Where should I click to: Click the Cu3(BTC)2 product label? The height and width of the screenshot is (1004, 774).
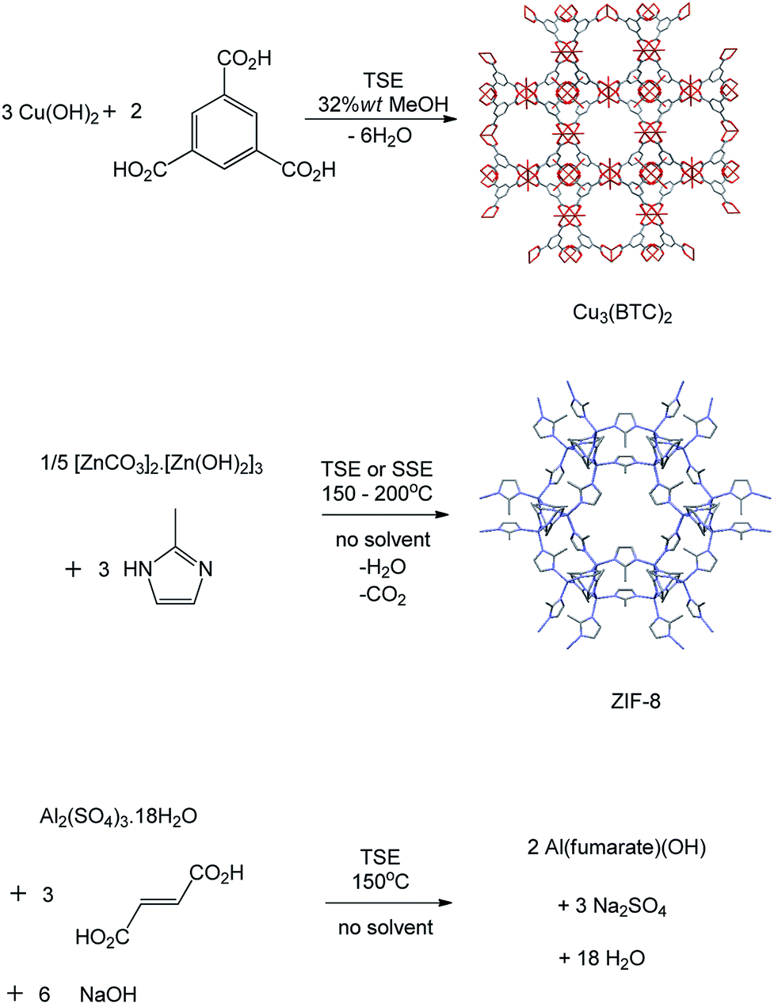pos(622,314)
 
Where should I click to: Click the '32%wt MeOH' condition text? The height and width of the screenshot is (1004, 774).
pos(383,104)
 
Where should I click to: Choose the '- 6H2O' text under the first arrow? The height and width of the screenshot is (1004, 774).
pos(381,136)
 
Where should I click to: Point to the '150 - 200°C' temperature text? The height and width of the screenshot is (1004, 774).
pos(377,493)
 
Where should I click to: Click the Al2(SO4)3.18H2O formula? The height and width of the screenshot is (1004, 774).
pos(118,817)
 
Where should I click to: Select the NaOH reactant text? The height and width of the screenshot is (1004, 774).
pos(108,994)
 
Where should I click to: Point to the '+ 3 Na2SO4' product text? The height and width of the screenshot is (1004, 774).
pos(612,907)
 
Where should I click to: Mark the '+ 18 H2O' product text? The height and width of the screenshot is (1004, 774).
pos(601,959)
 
